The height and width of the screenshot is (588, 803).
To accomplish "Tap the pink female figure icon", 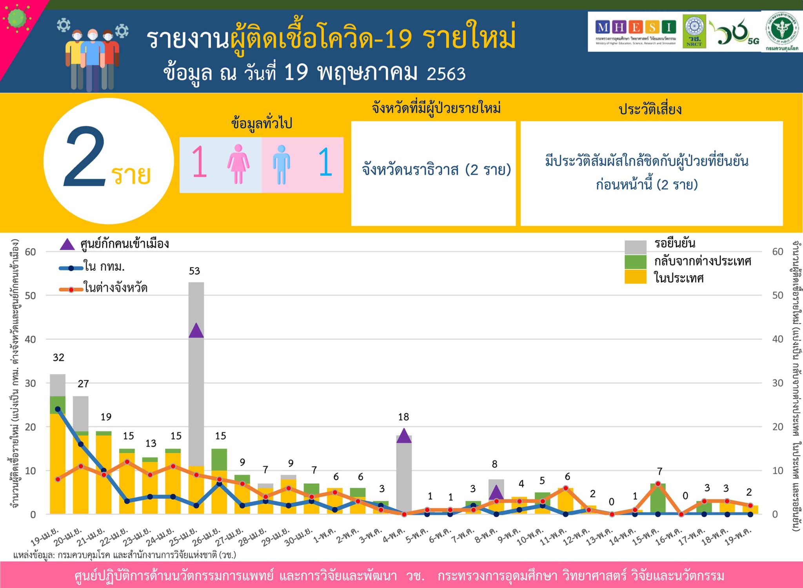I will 238,164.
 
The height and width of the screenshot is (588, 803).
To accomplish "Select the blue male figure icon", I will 282,165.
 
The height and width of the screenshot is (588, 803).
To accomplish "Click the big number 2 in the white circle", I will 85,157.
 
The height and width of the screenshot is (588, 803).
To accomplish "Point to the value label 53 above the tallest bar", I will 194,271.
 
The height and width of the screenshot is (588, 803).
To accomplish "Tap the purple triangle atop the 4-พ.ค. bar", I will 404,436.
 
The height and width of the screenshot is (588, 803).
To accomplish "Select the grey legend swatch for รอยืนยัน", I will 635,247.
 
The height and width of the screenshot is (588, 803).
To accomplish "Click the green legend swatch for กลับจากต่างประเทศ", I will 635,262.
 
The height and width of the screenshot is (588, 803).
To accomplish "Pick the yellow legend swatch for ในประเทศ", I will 635,277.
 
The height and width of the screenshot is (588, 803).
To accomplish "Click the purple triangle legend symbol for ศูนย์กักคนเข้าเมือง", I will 67,245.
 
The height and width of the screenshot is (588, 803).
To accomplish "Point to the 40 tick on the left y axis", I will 31,339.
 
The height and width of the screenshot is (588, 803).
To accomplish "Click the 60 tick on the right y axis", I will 778,252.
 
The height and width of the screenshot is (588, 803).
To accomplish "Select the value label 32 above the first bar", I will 58,358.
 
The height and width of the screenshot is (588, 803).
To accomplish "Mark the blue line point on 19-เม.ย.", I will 58,409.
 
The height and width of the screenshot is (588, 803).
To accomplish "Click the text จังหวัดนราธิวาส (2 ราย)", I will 436,170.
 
